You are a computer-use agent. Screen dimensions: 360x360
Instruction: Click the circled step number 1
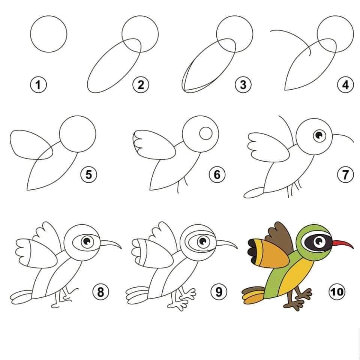point(38,84)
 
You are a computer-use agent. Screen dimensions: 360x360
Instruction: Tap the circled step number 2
point(141,84)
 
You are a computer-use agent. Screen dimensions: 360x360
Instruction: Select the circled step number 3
point(243,84)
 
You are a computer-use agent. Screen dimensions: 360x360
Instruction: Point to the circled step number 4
point(345,84)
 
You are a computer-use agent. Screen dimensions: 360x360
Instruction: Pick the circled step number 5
point(88,175)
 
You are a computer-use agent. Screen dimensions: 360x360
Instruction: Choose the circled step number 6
point(217,175)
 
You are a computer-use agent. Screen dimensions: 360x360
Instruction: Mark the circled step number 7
point(345,175)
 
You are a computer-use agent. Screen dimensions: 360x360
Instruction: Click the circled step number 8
point(100,292)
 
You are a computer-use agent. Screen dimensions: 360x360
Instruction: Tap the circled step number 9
point(219,292)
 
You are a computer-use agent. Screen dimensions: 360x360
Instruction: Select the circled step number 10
point(337,292)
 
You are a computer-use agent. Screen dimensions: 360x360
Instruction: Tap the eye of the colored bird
point(319,241)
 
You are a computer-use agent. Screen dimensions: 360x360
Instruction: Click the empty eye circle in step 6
point(206,133)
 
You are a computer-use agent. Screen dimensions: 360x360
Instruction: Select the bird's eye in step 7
point(319,136)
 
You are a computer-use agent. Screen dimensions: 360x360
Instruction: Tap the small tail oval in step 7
point(254,193)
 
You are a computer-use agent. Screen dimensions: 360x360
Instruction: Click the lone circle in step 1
point(48,34)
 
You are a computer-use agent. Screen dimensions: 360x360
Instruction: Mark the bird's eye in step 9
point(203,241)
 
